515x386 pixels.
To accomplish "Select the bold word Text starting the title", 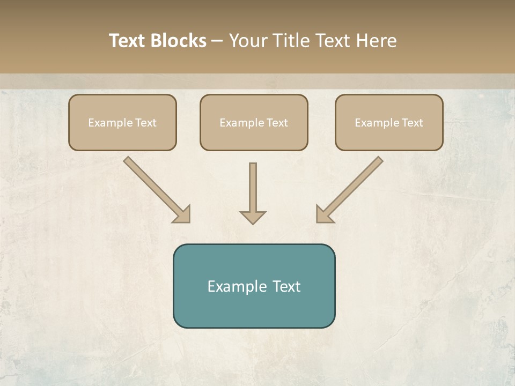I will pyautogui.click(x=128, y=41).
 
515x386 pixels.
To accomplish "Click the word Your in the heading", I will pyautogui.click(x=246, y=41).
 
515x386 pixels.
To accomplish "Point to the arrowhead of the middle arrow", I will pyautogui.click(x=253, y=217).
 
